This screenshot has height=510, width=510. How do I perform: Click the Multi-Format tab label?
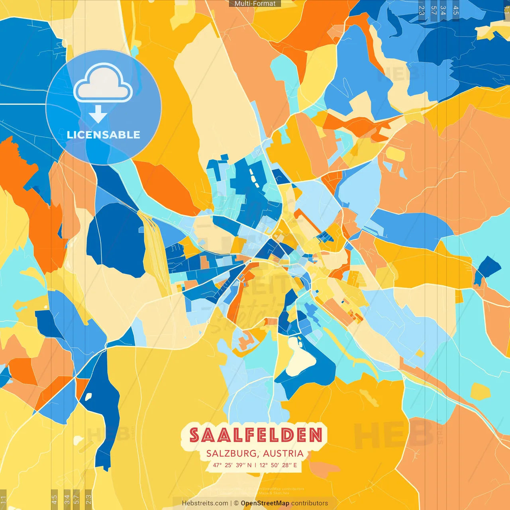pos(255,4)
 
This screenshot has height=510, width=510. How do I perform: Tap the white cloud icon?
pos(103,83)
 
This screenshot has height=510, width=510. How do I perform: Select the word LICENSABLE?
pos(103,135)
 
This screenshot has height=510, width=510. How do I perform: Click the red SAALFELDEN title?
pos(255,435)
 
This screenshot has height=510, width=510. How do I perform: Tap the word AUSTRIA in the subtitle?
pos(283,453)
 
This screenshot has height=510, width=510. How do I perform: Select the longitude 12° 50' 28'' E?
pos(278,465)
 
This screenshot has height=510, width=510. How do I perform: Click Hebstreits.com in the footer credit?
pos(205,503)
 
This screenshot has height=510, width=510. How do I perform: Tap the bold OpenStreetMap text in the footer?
pos(265,503)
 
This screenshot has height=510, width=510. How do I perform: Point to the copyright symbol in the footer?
pos(236,503)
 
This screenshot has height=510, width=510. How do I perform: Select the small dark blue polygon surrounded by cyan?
pos(487,269)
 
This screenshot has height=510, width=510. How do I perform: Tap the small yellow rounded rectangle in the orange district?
pos(395,154)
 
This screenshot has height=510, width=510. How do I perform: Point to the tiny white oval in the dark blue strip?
pos(88,397)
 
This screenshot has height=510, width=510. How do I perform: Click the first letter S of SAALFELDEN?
pos(194,435)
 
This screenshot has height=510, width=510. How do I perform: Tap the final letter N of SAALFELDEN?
pos(316,435)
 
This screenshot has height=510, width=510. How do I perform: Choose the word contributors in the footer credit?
pos(310,503)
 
